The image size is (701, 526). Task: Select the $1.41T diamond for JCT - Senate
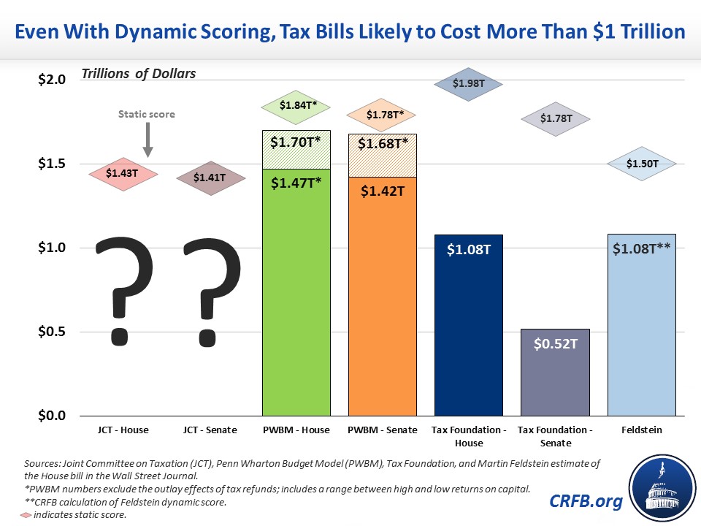(x=209, y=178)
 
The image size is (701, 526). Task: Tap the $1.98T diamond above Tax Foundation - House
(x=468, y=84)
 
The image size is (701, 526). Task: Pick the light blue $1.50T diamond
(x=643, y=164)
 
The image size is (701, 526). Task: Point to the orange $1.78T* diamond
(x=380, y=114)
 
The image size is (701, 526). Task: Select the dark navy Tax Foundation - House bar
(x=468, y=324)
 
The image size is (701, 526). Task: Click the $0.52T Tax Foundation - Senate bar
(x=554, y=372)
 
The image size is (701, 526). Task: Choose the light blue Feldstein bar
(x=642, y=324)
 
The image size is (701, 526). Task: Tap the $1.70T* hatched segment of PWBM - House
(x=296, y=149)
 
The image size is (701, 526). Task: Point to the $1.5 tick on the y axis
(x=53, y=164)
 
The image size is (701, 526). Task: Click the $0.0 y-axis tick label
(x=53, y=416)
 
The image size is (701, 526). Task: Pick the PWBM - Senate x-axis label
(x=381, y=430)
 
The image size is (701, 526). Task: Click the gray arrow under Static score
(x=148, y=140)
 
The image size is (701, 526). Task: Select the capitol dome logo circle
(x=656, y=484)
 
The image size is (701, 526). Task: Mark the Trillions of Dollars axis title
(x=139, y=73)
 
